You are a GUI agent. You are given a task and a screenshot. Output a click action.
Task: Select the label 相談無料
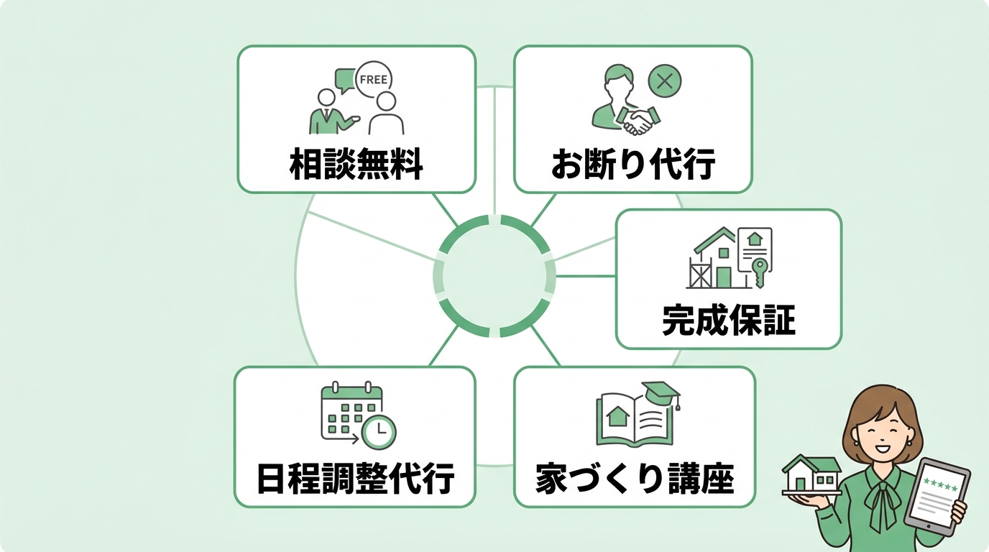356,165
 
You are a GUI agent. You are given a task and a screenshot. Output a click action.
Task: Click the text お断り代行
632,165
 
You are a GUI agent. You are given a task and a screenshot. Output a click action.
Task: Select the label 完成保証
728,321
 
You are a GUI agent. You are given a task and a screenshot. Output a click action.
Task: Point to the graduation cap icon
661,393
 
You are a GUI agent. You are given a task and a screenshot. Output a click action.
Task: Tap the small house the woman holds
811,475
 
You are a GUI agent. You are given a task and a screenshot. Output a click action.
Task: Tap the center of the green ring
494,276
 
